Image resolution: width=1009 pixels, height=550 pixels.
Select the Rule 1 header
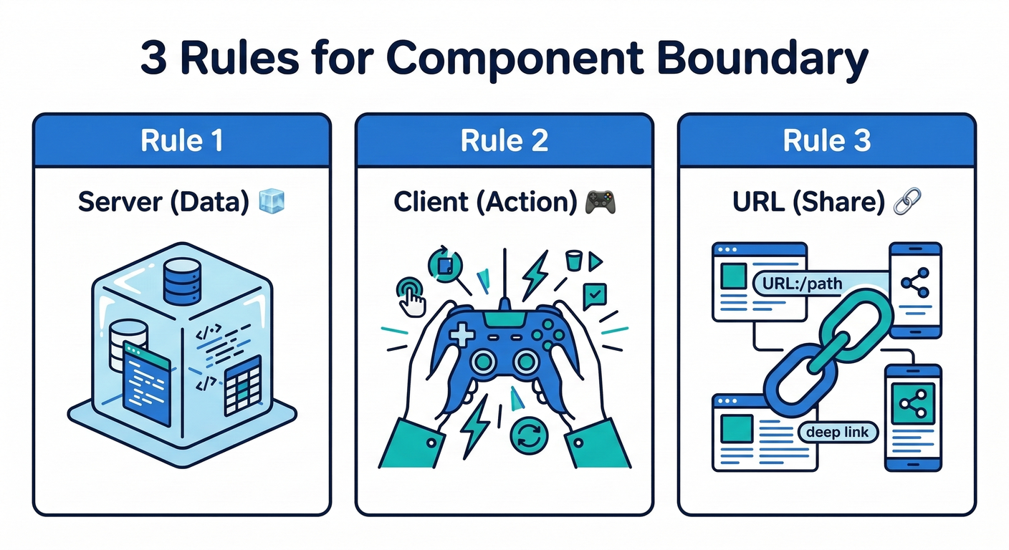pos(182,140)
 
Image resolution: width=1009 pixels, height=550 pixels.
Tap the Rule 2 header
pos(505,140)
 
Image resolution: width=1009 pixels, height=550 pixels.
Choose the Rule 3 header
pos(826,140)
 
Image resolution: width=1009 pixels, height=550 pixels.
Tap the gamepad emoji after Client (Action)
pos(600,202)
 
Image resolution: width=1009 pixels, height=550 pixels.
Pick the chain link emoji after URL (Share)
pos(907,202)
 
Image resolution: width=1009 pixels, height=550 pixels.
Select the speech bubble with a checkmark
pos(595,295)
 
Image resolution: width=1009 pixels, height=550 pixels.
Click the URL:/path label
pos(798,284)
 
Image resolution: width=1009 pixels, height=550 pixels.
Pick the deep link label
pos(837,432)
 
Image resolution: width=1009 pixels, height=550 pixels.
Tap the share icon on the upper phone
pos(915,284)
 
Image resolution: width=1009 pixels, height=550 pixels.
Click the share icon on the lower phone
pos(912,405)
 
